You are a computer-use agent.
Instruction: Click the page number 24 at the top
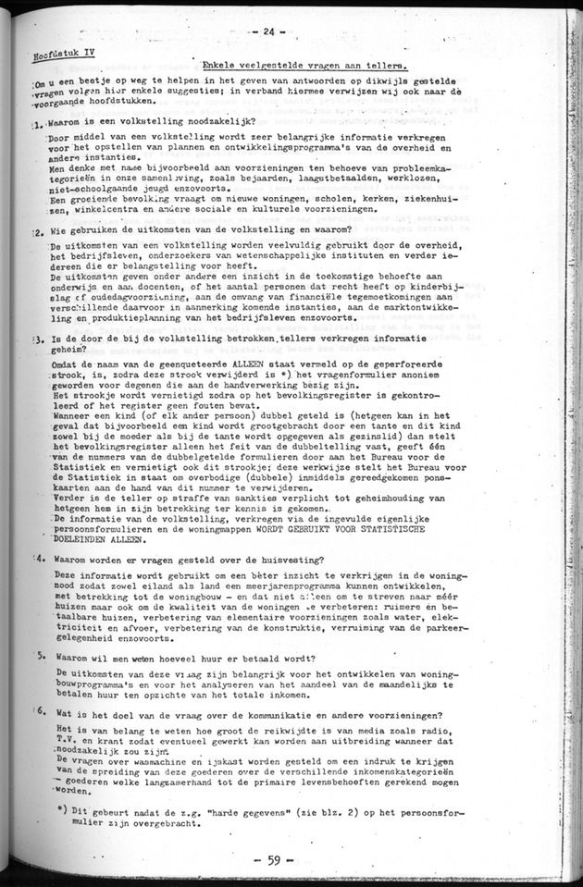pyautogui.click(x=269, y=31)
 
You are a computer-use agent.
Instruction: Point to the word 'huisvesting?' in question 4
pyautogui.click(x=282, y=560)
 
